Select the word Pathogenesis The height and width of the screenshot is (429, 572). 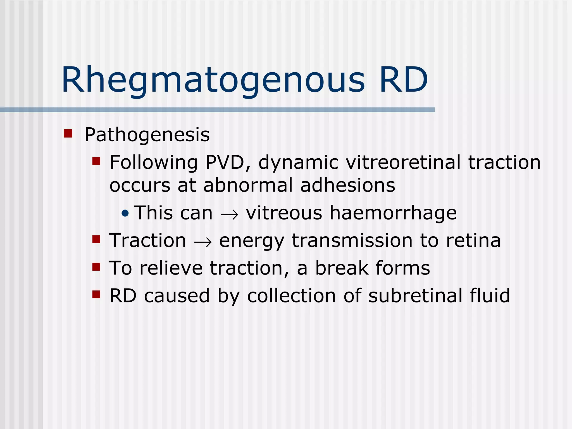[147, 135]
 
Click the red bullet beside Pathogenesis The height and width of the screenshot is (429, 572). [68, 133]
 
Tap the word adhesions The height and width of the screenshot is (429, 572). [347, 185]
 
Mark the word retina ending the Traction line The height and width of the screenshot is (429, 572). [473, 240]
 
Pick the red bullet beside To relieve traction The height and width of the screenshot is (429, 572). [96, 267]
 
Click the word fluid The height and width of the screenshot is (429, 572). [490, 296]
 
